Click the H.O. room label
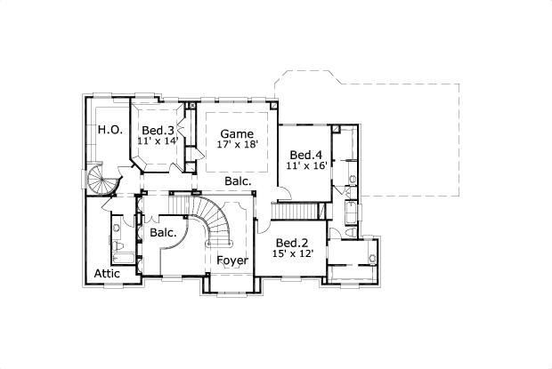[110, 130]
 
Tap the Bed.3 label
[158, 131]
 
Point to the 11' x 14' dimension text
[158, 141]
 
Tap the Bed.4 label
[304, 154]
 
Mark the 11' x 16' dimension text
[304, 165]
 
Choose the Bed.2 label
[291, 243]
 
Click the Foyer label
[232, 261]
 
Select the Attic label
[107, 274]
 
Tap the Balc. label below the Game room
[238, 180]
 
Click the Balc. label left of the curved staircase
[163, 232]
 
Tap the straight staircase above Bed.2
[296, 210]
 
